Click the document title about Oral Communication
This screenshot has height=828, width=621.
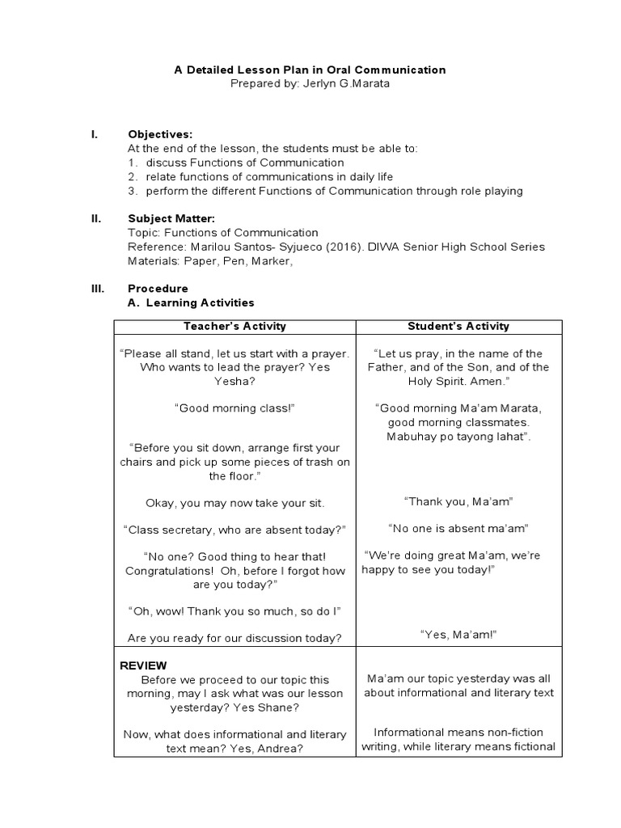tap(310, 70)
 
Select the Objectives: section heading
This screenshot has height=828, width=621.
tap(160, 134)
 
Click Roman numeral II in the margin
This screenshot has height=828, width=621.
tap(95, 218)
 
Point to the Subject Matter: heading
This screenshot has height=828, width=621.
tap(171, 218)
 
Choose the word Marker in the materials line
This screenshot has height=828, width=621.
tap(269, 261)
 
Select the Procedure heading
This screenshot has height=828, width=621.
tap(158, 289)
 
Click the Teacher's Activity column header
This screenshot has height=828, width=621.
tap(234, 327)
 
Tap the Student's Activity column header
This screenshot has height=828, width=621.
tap(458, 327)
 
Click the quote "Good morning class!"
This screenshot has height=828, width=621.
tap(234, 408)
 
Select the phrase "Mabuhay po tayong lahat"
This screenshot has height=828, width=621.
tap(458, 437)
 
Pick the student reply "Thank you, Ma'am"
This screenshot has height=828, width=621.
tap(458, 501)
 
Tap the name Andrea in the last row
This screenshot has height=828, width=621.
tap(280, 749)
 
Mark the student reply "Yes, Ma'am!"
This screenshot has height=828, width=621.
tap(458, 635)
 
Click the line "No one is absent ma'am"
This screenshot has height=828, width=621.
tap(458, 528)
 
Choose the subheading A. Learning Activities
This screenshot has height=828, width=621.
tap(191, 303)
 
